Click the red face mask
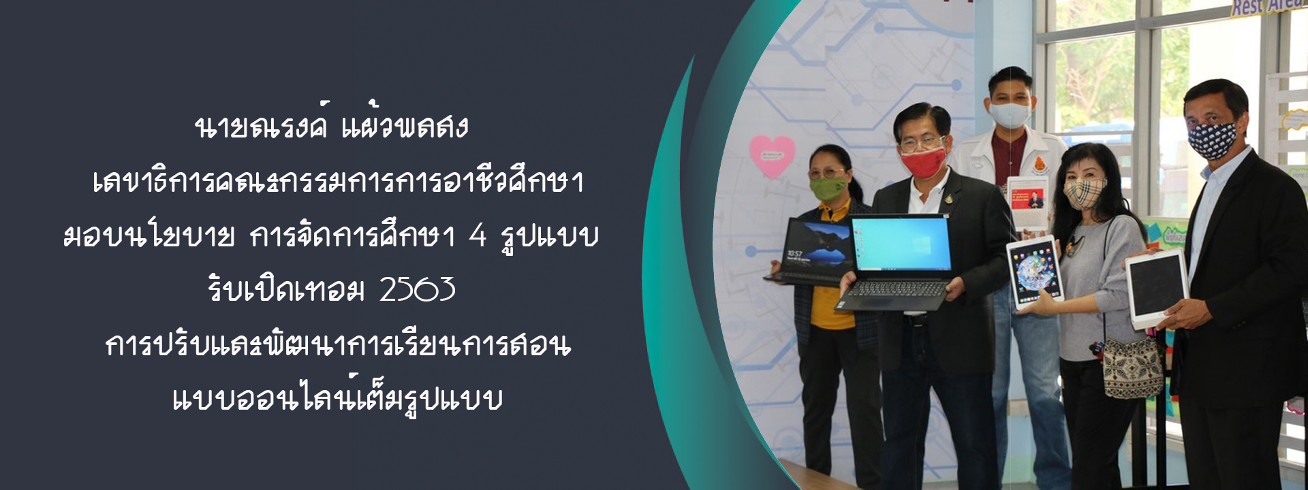click(x=923, y=162)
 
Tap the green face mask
click(x=828, y=187)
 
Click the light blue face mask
click(x=1010, y=114)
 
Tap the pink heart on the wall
click(x=772, y=157)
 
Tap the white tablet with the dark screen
click(x=1156, y=289)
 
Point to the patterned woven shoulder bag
click(x=1132, y=367)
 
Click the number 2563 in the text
click(x=418, y=290)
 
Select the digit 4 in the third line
click(x=478, y=235)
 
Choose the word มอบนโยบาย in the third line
click(x=149, y=236)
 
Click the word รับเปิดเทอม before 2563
click(x=286, y=289)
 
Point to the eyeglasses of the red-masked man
click(x=922, y=144)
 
